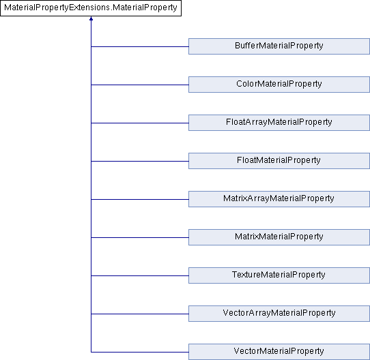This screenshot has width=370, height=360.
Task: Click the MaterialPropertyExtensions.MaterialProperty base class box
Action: tap(91, 8)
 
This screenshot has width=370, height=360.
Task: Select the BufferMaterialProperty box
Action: tap(279, 46)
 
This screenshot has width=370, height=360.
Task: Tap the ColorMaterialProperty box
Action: tap(279, 85)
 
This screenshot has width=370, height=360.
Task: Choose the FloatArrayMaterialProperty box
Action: tap(279, 123)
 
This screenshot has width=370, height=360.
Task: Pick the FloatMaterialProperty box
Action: tap(279, 161)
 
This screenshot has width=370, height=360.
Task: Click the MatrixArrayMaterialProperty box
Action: tap(279, 199)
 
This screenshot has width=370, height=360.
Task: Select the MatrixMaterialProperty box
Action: tap(279, 237)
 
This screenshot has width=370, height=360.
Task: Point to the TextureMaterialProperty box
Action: tap(279, 275)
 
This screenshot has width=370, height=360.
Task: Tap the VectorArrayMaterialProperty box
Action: tap(279, 314)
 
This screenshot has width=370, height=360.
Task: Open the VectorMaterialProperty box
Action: tap(279, 352)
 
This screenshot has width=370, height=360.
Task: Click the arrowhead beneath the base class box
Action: tap(91, 18)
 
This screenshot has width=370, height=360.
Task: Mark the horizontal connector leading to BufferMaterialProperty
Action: tap(140, 46)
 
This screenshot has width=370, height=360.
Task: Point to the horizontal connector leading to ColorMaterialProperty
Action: tap(140, 85)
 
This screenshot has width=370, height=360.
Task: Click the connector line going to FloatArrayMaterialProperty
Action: tap(140, 123)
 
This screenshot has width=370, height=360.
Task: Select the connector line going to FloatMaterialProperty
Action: tap(140, 162)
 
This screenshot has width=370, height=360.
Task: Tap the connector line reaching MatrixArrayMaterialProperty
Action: tap(140, 200)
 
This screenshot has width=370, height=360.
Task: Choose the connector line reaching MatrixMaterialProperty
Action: tap(140, 238)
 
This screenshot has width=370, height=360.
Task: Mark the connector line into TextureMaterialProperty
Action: tap(140, 276)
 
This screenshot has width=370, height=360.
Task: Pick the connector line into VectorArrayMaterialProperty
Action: tap(140, 314)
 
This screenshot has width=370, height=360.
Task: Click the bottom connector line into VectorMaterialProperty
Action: tap(140, 352)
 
